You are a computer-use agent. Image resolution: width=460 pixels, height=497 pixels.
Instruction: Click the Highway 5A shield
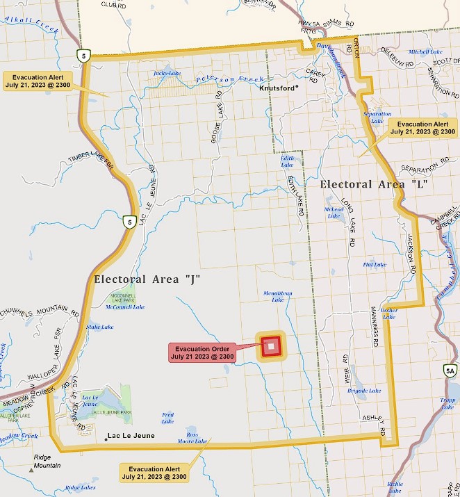pos(450,372)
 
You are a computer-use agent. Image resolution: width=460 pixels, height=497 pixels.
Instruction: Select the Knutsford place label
pos(277,88)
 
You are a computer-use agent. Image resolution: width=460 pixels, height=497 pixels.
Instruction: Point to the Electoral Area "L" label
pos(372,185)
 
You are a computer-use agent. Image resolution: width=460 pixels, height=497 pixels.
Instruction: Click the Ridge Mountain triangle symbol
pos(31,471)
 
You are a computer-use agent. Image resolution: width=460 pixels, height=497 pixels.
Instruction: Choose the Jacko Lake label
pos(167,72)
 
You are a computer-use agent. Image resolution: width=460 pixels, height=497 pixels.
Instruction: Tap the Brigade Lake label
pos(364,391)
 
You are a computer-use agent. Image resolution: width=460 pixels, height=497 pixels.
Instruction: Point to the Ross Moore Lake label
pos(192,438)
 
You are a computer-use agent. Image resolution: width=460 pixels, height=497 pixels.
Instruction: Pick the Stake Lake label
pos(99,327)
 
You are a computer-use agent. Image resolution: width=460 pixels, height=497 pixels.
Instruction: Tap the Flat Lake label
pos(375,264)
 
